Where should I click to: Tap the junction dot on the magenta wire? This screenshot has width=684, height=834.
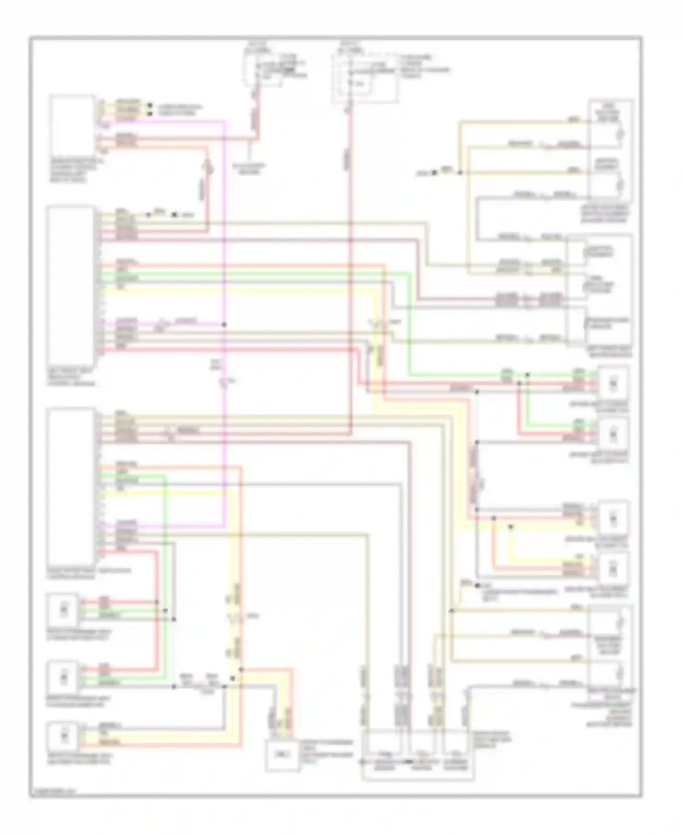pyautogui.click(x=224, y=325)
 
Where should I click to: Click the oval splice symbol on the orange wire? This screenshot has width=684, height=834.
pyautogui.click(x=208, y=169)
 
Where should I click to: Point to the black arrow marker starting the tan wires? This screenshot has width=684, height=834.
pyautogui.click(x=434, y=173)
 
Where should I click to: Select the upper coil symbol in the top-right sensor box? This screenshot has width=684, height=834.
pyautogui.click(x=620, y=134)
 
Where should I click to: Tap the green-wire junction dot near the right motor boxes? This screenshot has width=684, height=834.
pyautogui.click(x=528, y=375)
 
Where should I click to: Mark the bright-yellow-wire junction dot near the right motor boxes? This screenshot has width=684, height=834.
pyautogui.click(x=511, y=526)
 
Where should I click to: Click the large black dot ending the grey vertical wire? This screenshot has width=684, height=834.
pyautogui.click(x=477, y=585)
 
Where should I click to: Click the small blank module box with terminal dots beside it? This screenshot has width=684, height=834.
pyautogui.click(x=72, y=123)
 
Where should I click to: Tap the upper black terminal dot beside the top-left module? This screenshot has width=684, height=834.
pyautogui.click(x=150, y=105)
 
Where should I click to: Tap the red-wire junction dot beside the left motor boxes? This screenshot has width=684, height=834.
pyautogui.click(x=157, y=602)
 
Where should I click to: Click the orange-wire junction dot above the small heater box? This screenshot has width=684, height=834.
pyautogui.click(x=241, y=670)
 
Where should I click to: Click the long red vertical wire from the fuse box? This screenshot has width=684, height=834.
pyautogui.click(x=350, y=274)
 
